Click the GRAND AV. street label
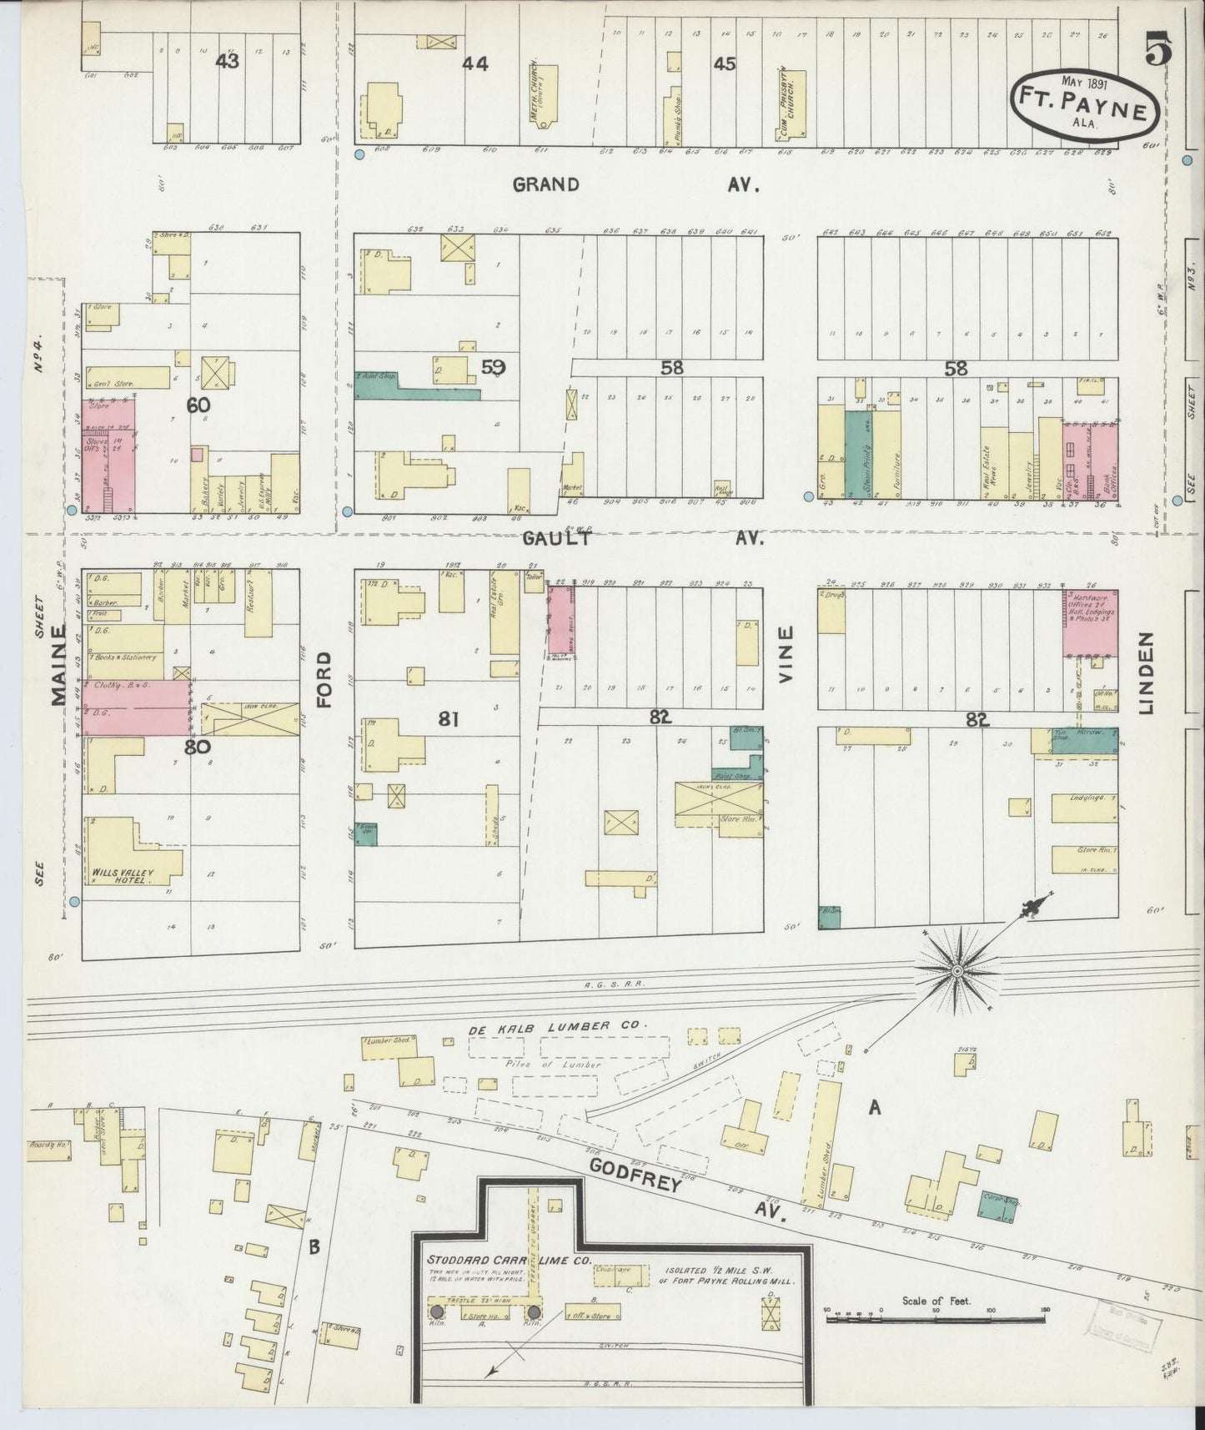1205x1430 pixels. coord(634,184)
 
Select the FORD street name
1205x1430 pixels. coord(324,680)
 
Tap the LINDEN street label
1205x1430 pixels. coord(1147,672)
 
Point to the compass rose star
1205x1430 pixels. coord(957,971)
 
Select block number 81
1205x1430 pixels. coord(449,718)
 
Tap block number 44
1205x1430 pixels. coord(475,63)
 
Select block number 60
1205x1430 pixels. coord(198,405)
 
